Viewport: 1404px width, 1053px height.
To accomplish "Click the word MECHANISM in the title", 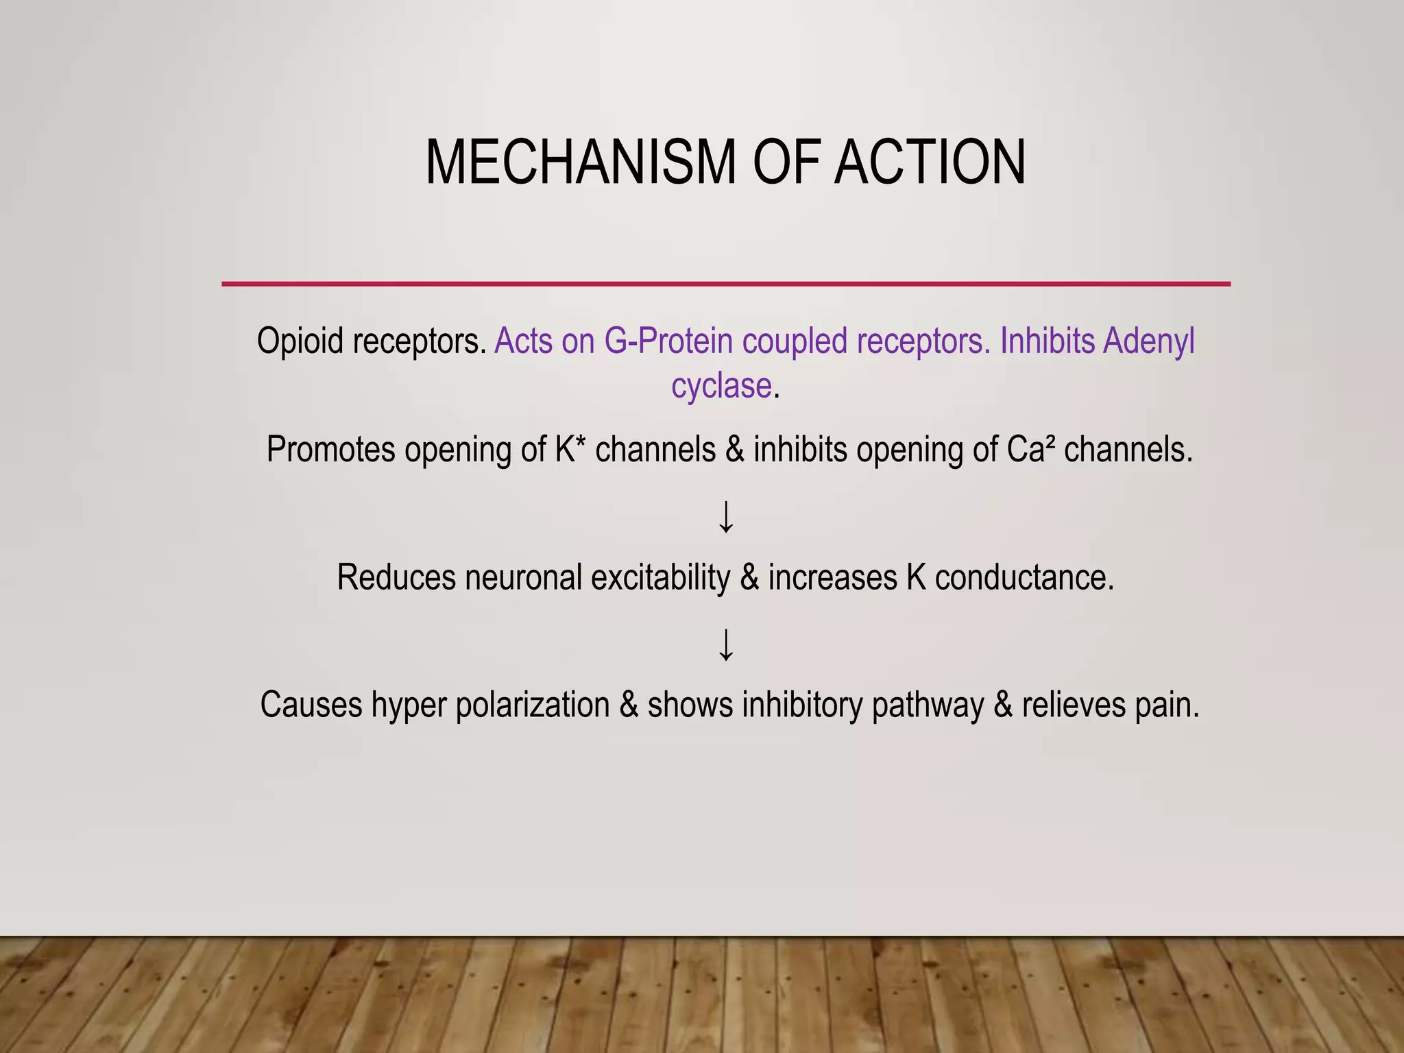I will (580, 163).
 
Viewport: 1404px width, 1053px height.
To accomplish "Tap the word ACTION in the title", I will (930, 163).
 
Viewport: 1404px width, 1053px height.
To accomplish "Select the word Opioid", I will (300, 341).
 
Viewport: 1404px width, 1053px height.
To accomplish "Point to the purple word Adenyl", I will (1148, 341).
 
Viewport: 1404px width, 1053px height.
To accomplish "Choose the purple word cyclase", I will (721, 385).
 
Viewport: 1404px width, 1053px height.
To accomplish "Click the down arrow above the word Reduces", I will (726, 517).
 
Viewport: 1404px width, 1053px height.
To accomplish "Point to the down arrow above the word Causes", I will (726, 644).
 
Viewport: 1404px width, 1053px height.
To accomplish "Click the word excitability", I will (660, 577).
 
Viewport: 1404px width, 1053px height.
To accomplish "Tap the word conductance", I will (1024, 577).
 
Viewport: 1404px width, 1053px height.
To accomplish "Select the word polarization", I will (533, 705).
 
